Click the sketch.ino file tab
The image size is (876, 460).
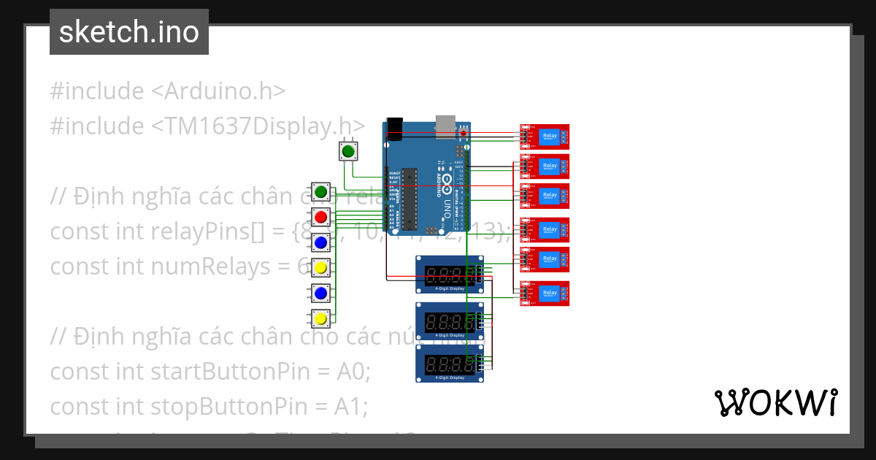(129, 32)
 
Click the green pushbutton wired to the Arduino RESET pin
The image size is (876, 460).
(348, 152)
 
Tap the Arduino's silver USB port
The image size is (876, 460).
(445, 125)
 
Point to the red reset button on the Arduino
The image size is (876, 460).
(464, 133)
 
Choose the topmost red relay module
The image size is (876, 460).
(545, 137)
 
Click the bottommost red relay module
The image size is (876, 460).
(545, 293)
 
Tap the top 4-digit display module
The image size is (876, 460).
(449, 275)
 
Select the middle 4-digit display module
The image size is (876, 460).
(449, 321)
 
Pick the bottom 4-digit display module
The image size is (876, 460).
(449, 363)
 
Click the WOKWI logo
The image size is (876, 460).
(775, 402)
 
